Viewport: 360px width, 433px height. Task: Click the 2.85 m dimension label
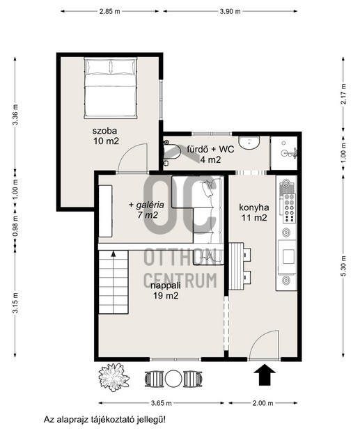110,11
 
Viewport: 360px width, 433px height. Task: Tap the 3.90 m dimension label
230,11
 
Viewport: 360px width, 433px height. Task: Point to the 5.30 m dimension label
343,266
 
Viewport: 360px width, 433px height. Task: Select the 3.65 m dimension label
162,403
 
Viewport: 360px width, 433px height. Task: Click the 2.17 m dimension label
343,94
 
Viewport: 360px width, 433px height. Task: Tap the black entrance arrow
265,375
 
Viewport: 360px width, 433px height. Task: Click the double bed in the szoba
111,88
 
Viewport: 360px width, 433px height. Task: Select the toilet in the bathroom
170,152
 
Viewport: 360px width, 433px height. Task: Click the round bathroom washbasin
249,143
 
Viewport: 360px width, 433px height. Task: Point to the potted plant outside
114,377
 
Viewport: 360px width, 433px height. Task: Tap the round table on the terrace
173,379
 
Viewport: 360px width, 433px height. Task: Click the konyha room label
254,207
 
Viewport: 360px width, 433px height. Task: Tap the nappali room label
166,285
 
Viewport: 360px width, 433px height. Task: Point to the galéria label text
150,205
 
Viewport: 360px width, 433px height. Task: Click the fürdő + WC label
210,150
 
